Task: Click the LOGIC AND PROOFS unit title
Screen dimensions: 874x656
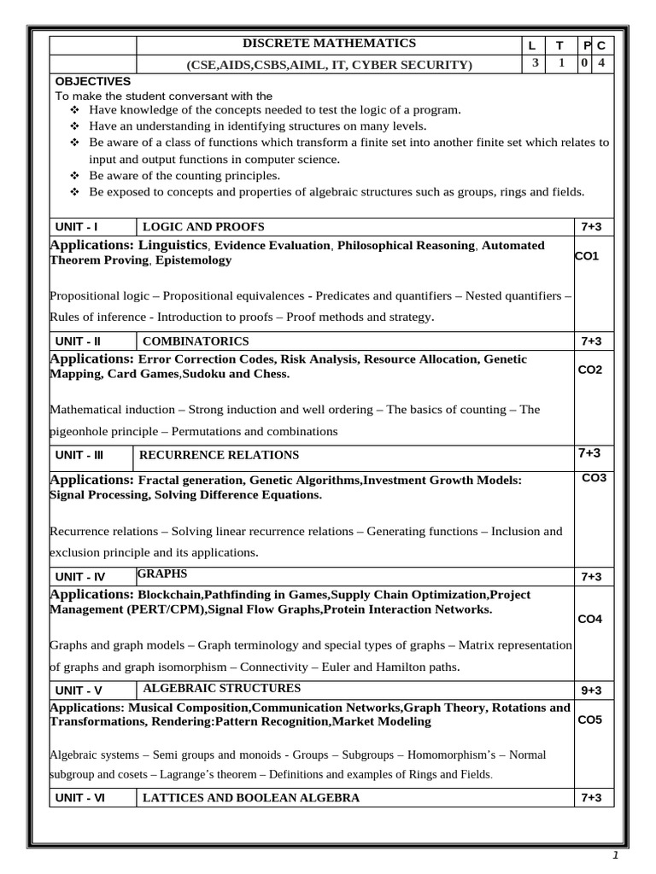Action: [x=203, y=226]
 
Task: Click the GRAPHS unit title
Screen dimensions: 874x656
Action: [x=161, y=574]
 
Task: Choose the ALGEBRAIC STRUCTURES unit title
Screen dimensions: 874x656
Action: [x=221, y=688]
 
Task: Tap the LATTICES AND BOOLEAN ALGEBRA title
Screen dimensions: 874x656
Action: [x=250, y=798]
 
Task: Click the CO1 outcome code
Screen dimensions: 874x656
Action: [x=587, y=255]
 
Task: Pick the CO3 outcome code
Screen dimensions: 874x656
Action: [x=594, y=478]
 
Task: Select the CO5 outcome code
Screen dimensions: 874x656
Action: [x=590, y=720]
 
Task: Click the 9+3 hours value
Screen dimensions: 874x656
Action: [x=591, y=690]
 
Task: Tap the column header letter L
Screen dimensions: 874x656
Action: [x=532, y=45]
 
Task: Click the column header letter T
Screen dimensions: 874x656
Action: [x=559, y=45]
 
